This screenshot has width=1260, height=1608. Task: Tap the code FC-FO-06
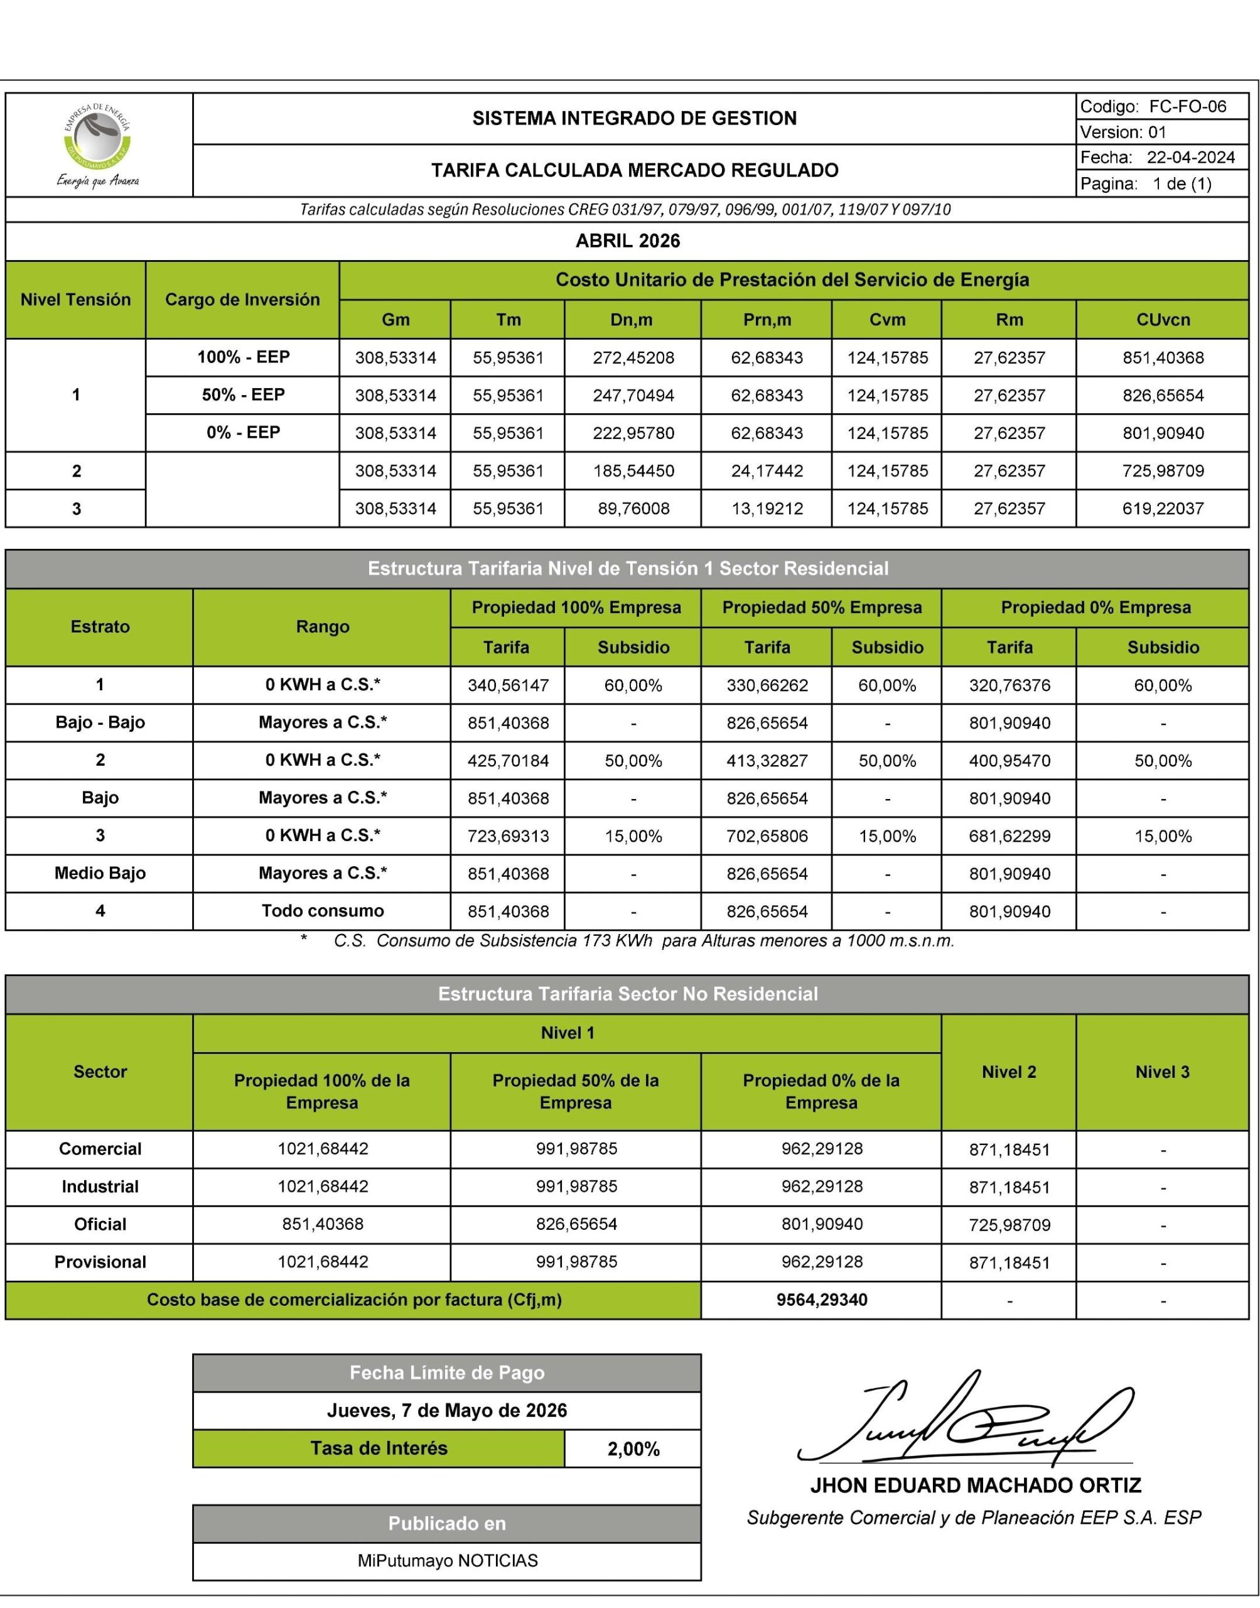(1187, 107)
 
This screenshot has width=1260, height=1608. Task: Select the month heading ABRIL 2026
(627, 241)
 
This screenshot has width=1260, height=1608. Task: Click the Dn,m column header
(633, 320)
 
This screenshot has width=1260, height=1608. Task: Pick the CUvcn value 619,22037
(1163, 508)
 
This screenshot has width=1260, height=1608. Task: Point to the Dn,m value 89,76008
(633, 508)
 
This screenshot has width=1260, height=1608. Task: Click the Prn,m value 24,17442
(767, 471)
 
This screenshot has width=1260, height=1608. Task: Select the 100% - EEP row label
(243, 357)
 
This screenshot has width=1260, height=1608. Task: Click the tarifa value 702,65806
(767, 836)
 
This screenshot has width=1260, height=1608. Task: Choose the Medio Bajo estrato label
(100, 873)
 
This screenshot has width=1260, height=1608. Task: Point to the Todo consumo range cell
(323, 911)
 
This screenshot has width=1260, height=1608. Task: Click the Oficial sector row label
(100, 1224)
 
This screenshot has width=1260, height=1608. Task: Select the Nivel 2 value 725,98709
(1008, 1225)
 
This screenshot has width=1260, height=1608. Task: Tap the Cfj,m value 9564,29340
(821, 1300)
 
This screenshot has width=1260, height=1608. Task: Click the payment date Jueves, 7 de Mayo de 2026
(446, 1410)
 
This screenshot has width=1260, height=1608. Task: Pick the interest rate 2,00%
(633, 1448)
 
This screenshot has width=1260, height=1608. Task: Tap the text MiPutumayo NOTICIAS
(447, 1561)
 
